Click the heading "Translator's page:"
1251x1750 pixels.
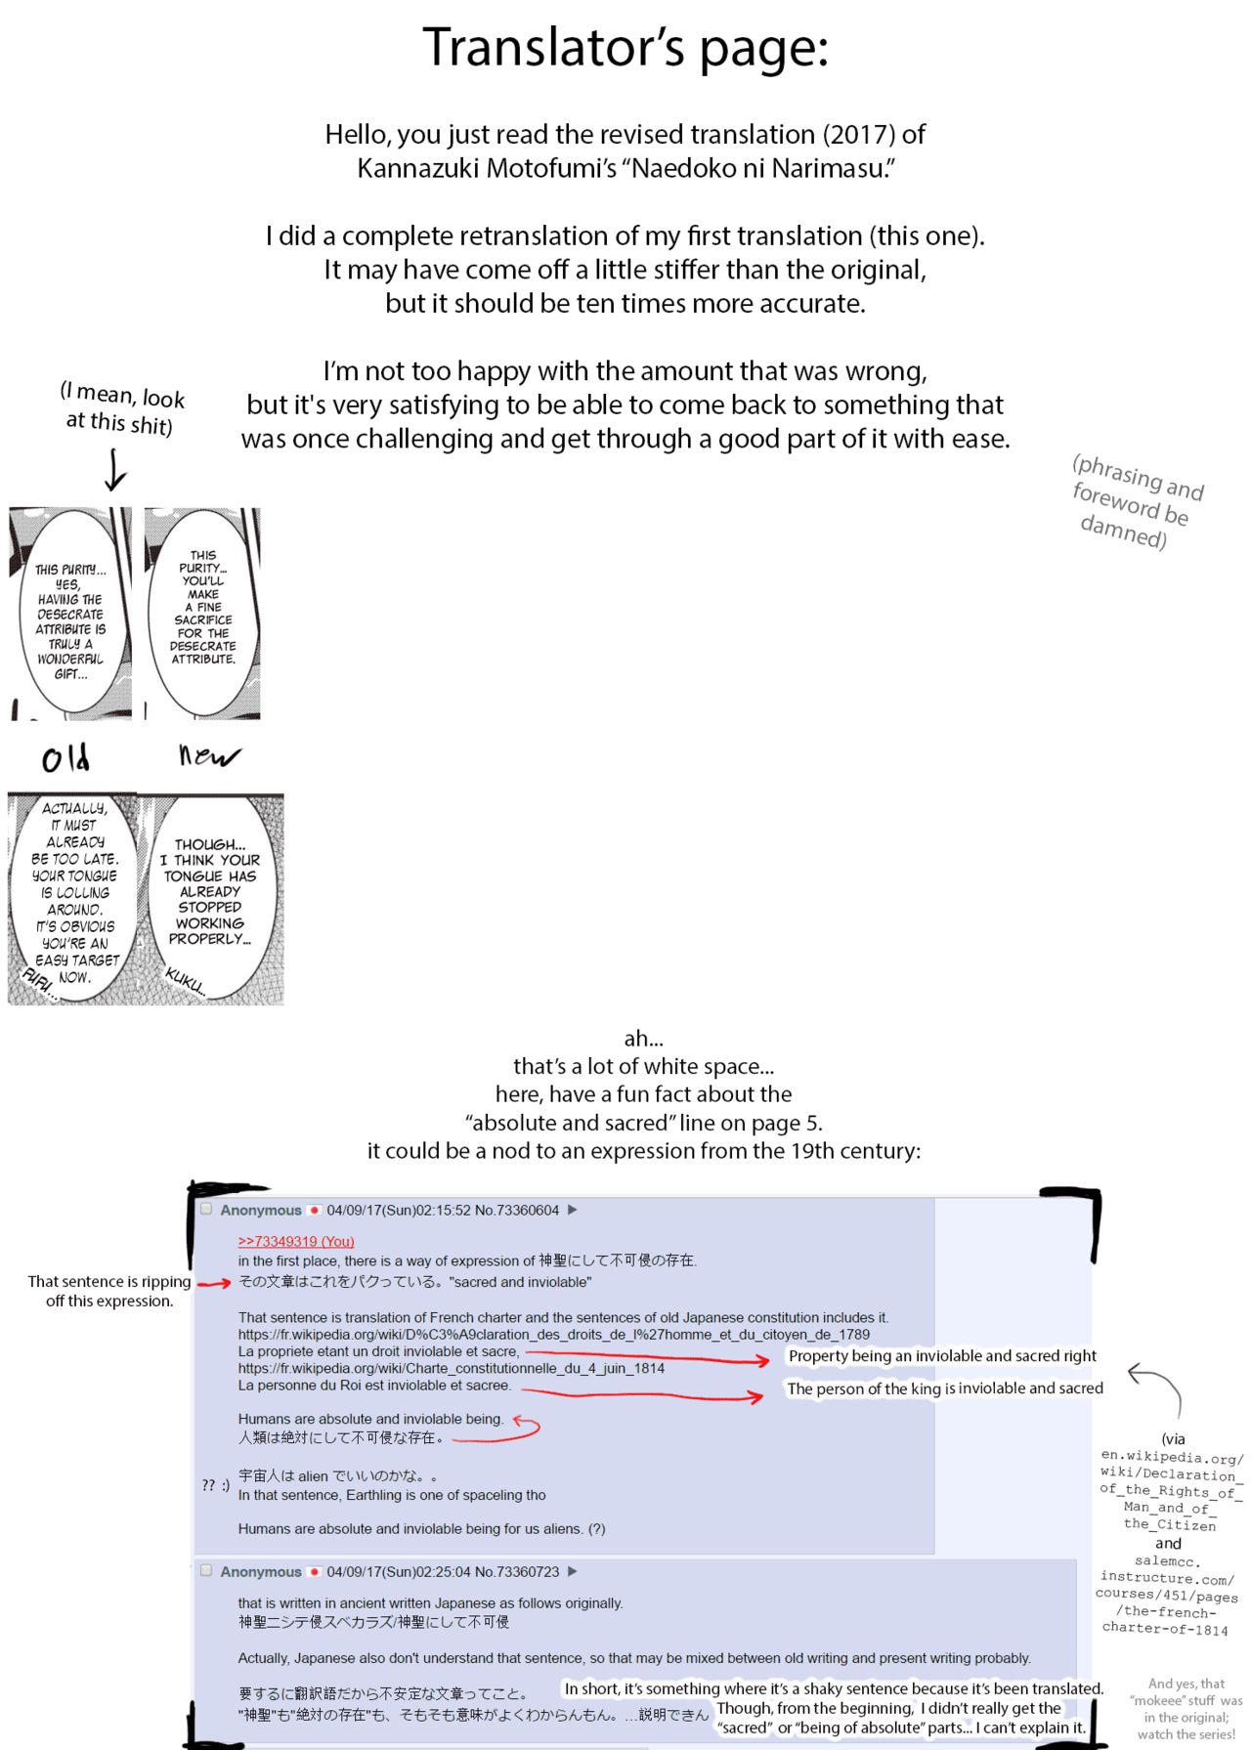[x=625, y=48]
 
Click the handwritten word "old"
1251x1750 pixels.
[x=66, y=758]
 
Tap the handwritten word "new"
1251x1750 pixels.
[x=208, y=755]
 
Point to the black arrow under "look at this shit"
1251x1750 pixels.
[x=115, y=470]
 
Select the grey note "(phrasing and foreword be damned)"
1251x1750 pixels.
[x=1137, y=502]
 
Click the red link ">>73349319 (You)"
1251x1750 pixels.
[x=296, y=1241]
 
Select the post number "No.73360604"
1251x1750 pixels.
[x=517, y=1210]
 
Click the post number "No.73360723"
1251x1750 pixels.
[x=517, y=1571]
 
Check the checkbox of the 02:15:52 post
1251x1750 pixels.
[x=206, y=1209]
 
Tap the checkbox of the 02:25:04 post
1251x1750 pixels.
[x=206, y=1570]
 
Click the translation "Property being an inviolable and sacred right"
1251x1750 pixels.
[x=942, y=1356]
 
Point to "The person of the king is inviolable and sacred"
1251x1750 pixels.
[x=945, y=1388]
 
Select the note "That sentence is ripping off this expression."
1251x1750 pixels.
[x=109, y=1291]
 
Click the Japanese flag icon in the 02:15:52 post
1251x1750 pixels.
[x=315, y=1210]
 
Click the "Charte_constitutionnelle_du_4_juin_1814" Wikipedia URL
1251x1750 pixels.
[x=451, y=1368]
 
